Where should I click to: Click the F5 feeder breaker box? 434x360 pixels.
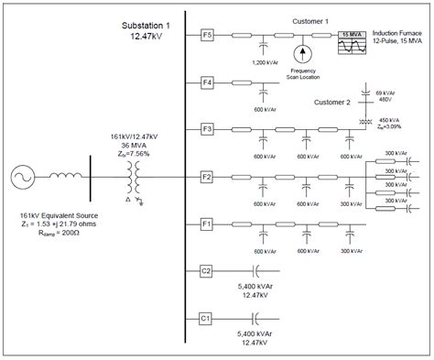(x=207, y=36)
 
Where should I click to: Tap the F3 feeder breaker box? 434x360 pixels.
(x=207, y=129)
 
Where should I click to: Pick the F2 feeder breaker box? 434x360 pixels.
(x=207, y=175)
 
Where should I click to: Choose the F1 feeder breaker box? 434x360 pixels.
(x=207, y=223)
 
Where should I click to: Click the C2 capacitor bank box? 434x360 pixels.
(x=207, y=270)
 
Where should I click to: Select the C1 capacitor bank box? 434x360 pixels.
(x=207, y=317)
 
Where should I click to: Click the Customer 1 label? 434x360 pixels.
(x=314, y=19)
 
